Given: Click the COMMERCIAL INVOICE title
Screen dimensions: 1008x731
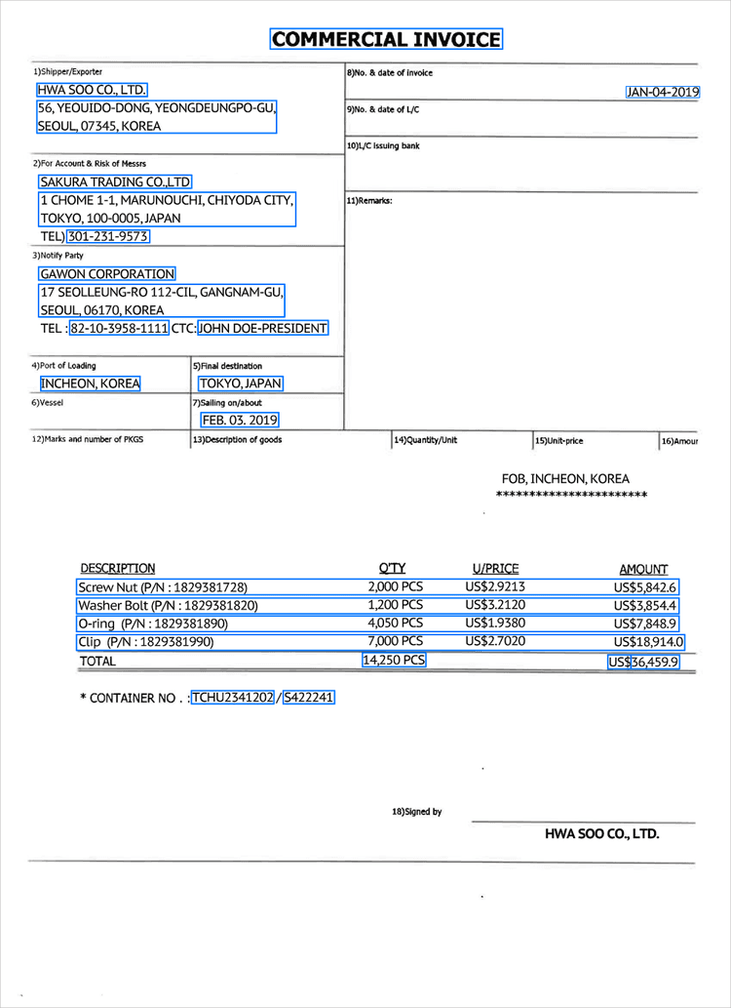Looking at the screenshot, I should pyautogui.click(x=386, y=40).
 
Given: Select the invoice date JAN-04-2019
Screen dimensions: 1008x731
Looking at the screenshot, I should pyautogui.click(x=663, y=93).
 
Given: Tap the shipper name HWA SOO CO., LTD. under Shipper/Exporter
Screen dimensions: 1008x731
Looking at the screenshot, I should pyautogui.click(x=92, y=90).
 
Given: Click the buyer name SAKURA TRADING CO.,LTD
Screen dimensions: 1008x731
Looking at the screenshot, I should pyautogui.click(x=115, y=181).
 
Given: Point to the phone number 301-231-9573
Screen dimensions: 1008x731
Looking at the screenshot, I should pyautogui.click(x=108, y=236).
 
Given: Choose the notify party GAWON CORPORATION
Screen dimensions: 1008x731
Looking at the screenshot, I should pyautogui.click(x=107, y=274).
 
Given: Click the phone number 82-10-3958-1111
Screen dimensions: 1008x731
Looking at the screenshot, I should pyautogui.click(x=119, y=329).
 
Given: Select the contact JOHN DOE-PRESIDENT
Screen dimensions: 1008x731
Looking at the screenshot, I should pyautogui.click(x=262, y=329).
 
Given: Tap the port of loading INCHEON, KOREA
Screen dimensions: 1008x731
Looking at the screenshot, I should pyautogui.click(x=91, y=383).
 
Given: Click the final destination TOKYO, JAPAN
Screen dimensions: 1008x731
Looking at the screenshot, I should pyautogui.click(x=241, y=383).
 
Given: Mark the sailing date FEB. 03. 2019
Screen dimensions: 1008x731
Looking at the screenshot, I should pyautogui.click(x=240, y=420).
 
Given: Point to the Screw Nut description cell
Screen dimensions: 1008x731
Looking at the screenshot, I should pyautogui.click(x=163, y=587).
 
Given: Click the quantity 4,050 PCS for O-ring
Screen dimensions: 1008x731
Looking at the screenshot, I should pyautogui.click(x=395, y=623).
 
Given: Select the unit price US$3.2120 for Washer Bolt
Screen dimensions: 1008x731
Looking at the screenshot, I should pyautogui.click(x=495, y=605).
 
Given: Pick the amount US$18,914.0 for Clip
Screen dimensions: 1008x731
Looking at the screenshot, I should pyautogui.click(x=648, y=642).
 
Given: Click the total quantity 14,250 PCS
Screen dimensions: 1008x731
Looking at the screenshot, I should pyautogui.click(x=394, y=661).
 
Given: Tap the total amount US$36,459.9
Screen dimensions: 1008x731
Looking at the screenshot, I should pyautogui.click(x=643, y=663).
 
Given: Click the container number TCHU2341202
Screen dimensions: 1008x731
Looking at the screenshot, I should pyautogui.click(x=233, y=698).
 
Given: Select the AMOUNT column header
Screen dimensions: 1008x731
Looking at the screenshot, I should pyautogui.click(x=643, y=569).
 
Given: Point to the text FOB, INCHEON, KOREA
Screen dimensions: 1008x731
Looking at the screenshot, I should pyautogui.click(x=565, y=479).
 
